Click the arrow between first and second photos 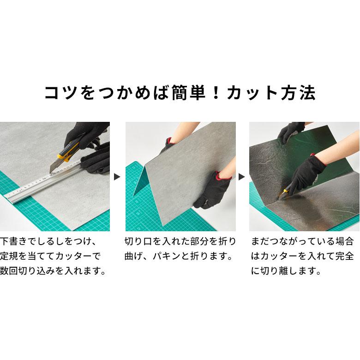117,177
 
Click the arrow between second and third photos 242,177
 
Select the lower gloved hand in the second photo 210,189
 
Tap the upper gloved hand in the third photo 290,132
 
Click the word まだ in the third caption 262,241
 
